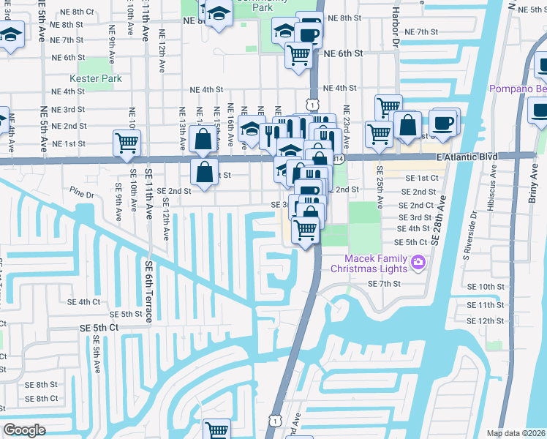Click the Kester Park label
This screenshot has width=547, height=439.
91,78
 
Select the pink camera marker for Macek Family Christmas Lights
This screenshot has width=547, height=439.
418,261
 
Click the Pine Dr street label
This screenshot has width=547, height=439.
83,195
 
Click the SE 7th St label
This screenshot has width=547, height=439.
382,283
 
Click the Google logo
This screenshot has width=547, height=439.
24,430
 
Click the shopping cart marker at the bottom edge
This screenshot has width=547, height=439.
217,429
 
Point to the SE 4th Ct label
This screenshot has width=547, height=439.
84,301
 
